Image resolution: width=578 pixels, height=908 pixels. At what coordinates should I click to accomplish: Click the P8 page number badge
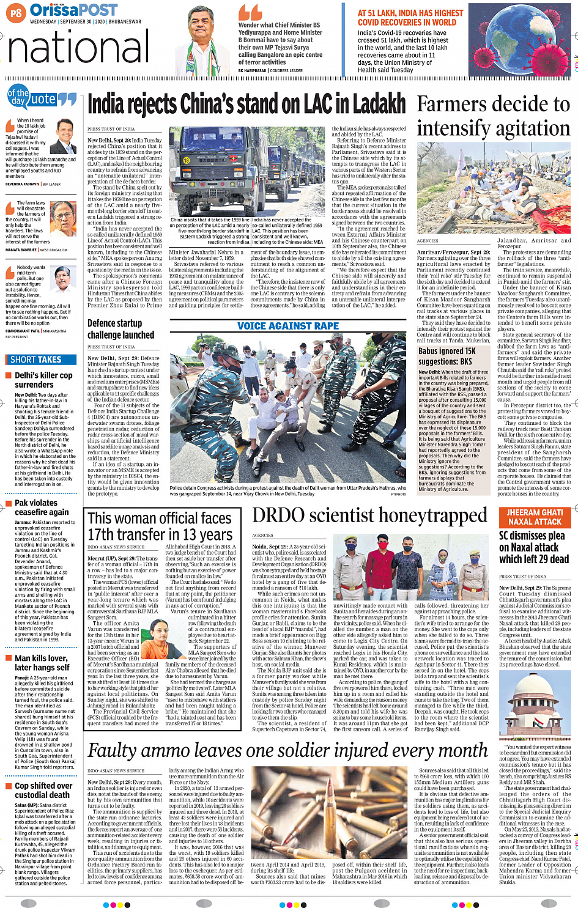pos(15,13)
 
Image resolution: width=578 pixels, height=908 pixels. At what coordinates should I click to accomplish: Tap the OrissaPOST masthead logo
pos(73,10)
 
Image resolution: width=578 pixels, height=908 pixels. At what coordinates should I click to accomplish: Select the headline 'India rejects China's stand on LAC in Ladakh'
pos(246,105)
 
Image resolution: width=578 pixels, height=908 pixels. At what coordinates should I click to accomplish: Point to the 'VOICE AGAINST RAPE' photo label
pos(288,326)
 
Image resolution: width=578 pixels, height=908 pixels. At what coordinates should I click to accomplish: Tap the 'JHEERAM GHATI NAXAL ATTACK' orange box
pos(535,517)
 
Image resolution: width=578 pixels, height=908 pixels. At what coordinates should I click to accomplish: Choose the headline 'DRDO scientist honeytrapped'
pos(369,516)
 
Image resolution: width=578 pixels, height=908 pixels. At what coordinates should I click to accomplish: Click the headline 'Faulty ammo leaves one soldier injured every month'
pos(287,750)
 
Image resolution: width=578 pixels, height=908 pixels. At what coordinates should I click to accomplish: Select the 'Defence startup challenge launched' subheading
pos(120,329)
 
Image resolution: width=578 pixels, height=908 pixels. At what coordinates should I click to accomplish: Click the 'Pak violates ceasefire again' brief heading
pos(42,507)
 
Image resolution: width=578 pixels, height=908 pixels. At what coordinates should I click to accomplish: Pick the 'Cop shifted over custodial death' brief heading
pos(43,790)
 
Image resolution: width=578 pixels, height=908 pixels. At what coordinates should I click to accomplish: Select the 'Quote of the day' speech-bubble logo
pos(40,98)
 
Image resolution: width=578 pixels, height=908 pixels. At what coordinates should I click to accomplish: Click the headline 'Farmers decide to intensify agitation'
pos(493,116)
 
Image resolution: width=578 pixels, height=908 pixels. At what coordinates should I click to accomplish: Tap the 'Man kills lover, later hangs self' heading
pos(41,663)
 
